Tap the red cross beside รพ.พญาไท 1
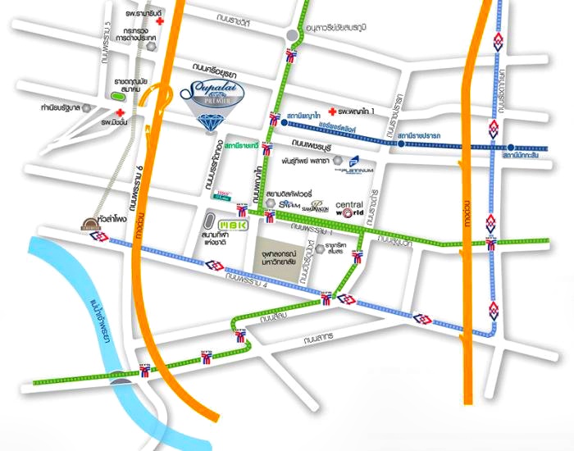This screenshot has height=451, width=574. pos(332,111)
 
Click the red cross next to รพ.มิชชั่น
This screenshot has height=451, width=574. pos(121,112)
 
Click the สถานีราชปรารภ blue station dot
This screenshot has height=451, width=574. pos(401,143)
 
